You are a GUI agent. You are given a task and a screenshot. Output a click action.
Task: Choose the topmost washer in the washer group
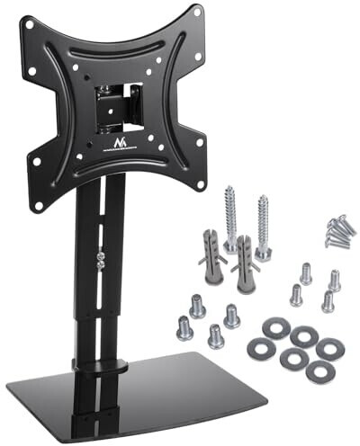click(x=303, y=335)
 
